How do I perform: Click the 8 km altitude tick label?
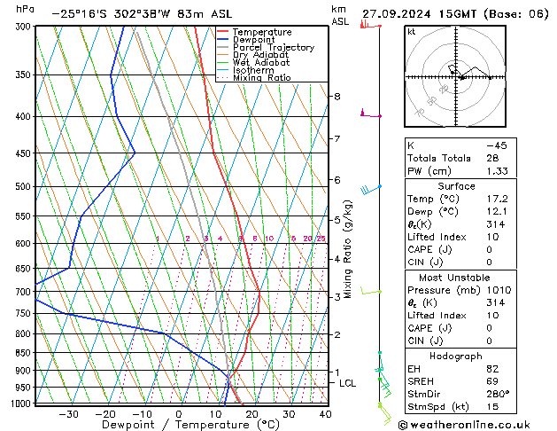tap(337, 96)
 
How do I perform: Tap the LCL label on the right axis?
tap(347, 383)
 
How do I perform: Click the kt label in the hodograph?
tap(411, 31)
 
